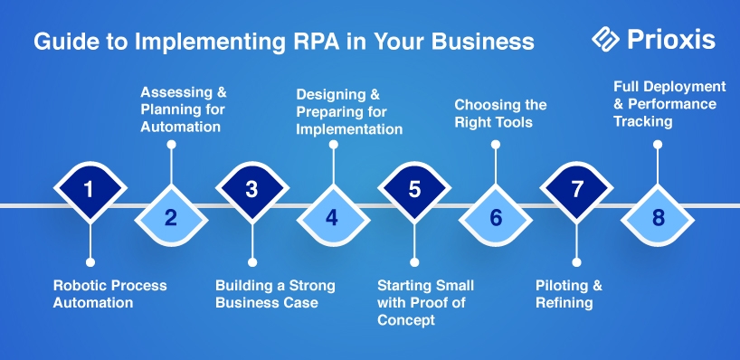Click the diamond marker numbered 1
90,190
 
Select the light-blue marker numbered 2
171,217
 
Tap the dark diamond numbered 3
252,190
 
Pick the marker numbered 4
333,217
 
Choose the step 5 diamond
414,190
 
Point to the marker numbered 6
495,217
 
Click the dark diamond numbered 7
576,190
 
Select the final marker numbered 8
658,217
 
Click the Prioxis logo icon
605,39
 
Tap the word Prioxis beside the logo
671,40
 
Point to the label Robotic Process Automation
109,293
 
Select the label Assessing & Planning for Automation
184,109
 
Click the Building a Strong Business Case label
275,293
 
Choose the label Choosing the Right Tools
500,113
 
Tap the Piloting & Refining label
569,293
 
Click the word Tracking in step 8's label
643,122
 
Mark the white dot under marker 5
414,262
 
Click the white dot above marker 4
333,145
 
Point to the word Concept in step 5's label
406,320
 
